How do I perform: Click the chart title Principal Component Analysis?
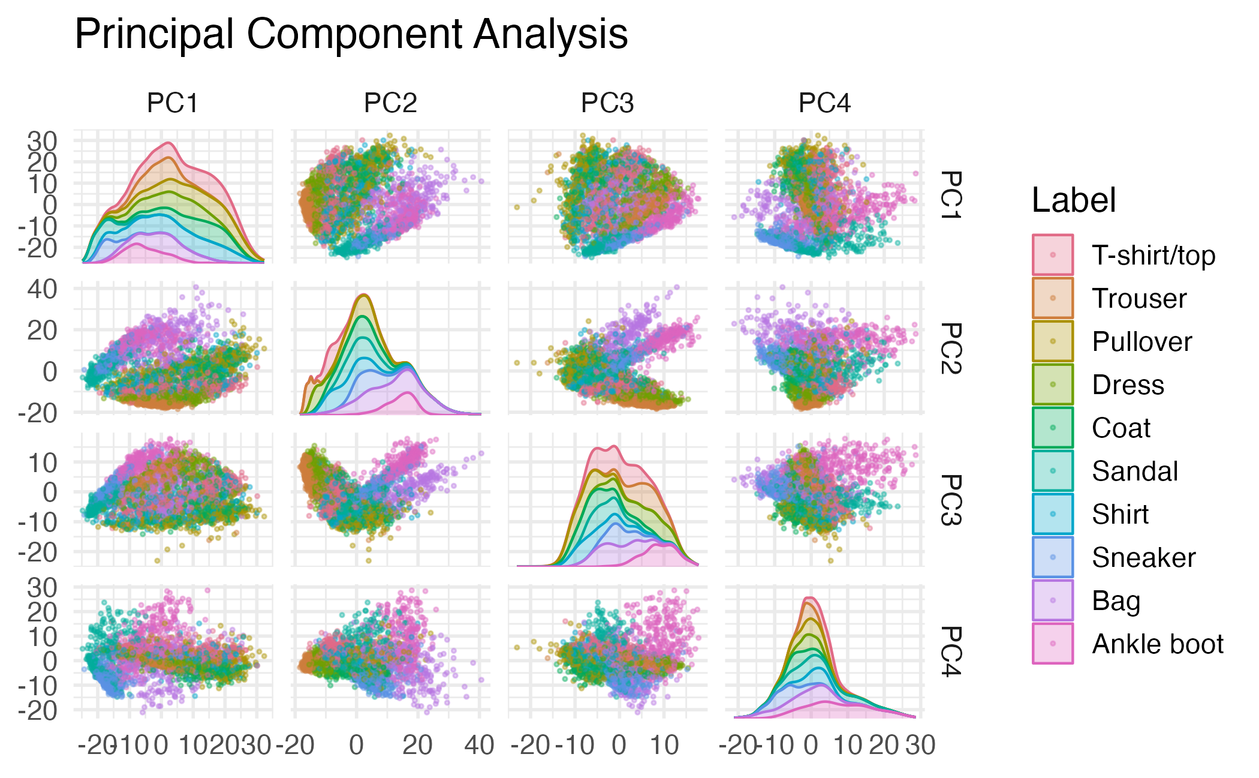[x=351, y=34]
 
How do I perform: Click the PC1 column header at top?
[x=173, y=104]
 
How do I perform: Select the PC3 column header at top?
[x=607, y=104]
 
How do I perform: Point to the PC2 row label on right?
[x=950, y=348]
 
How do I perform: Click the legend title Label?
[x=1073, y=200]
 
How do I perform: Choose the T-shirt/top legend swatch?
[x=1053, y=255]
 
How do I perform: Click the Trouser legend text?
[x=1139, y=298]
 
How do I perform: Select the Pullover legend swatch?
[x=1053, y=341]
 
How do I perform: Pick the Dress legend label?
[x=1128, y=385]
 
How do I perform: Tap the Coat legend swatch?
[x=1053, y=428]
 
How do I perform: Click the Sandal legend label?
[x=1135, y=471]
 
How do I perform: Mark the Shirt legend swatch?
[x=1053, y=514]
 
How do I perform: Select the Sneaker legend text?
[x=1143, y=557]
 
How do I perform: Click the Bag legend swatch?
[x=1053, y=600]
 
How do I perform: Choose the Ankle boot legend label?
[x=1158, y=644]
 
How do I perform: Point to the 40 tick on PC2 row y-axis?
[x=42, y=289]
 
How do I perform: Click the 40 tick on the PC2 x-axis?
[x=479, y=746]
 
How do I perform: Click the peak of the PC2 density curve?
[x=363, y=295]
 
